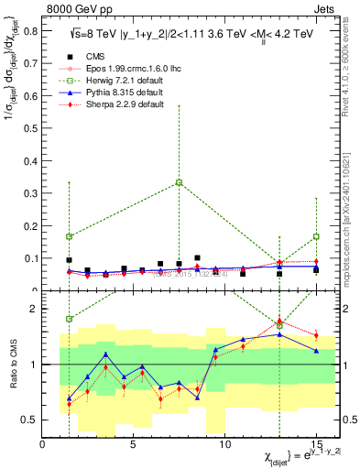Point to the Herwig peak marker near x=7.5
tap(179, 182)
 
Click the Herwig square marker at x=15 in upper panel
tap(316, 236)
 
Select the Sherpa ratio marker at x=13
tap(279, 320)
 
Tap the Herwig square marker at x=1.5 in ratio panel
tap(70, 319)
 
